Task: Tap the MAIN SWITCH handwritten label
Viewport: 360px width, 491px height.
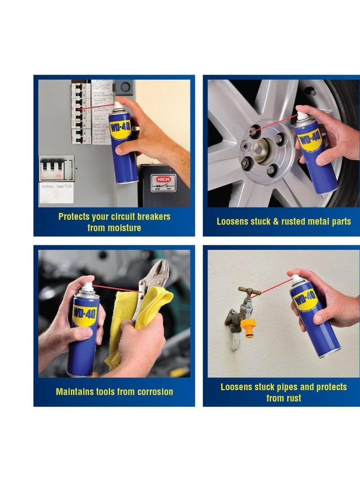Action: tap(56, 186)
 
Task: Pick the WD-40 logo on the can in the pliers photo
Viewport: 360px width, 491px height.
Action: tap(85, 313)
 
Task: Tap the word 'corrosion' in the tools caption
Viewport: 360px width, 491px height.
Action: tap(151, 392)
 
